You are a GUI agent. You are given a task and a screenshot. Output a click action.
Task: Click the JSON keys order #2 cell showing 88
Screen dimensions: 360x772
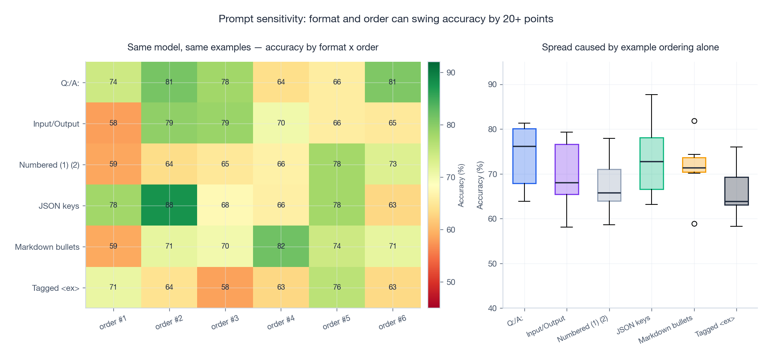[x=169, y=205]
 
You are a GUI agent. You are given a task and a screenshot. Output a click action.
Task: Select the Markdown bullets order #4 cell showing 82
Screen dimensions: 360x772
[x=281, y=246]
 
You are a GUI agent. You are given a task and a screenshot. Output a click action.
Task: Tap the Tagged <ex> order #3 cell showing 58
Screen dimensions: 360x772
[x=225, y=287]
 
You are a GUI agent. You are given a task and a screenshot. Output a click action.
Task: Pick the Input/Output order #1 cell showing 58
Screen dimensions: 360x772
[x=113, y=123]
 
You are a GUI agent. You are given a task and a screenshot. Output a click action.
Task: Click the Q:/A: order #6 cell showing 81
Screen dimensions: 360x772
[x=392, y=82]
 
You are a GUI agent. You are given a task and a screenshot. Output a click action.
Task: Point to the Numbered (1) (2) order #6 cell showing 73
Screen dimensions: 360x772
[x=392, y=164]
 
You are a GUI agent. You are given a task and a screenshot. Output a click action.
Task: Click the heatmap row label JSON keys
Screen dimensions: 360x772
[x=59, y=206]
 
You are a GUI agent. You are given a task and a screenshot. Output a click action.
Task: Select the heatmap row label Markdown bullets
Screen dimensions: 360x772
[x=47, y=247]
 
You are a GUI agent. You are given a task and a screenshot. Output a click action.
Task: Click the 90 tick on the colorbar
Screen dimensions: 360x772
[x=451, y=73]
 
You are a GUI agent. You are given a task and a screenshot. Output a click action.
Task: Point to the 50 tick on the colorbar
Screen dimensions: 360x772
[x=451, y=282]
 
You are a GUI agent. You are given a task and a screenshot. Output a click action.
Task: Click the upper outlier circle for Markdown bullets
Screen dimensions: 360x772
[x=694, y=121]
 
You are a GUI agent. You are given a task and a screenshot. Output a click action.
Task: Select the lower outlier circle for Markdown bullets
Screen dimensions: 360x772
[x=694, y=224]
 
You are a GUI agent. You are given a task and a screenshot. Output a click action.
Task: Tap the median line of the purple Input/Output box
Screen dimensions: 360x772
[x=567, y=183]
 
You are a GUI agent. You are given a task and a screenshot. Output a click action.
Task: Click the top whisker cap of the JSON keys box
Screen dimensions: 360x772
[x=652, y=95]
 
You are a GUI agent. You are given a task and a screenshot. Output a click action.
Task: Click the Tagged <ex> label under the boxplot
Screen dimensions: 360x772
[x=715, y=327]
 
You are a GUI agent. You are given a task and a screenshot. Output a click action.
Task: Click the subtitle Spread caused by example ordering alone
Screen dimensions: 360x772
[x=630, y=47]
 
